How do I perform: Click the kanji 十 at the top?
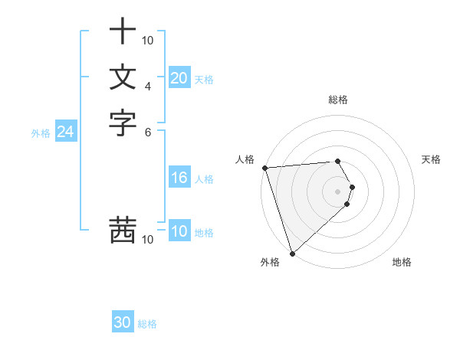[123, 31]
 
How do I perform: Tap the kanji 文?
[123, 77]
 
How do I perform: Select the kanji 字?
[123, 123]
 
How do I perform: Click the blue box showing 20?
[179, 78]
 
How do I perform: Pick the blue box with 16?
[179, 178]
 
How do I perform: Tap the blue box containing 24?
[65, 133]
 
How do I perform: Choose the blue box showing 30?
[123, 323]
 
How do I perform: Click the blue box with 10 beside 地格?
[179, 232]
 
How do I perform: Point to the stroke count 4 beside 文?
[148, 86]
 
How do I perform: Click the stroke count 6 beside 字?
[148, 131]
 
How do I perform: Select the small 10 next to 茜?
[148, 240]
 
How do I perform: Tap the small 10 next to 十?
[148, 40]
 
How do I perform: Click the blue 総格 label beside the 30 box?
[147, 324]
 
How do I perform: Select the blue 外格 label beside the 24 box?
[41, 133]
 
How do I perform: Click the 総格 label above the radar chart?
[338, 100]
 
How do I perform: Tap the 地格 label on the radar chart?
[402, 262]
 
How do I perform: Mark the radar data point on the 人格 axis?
[264, 168]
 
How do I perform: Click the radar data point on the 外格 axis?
[292, 253]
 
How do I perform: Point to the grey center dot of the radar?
[338, 191]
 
